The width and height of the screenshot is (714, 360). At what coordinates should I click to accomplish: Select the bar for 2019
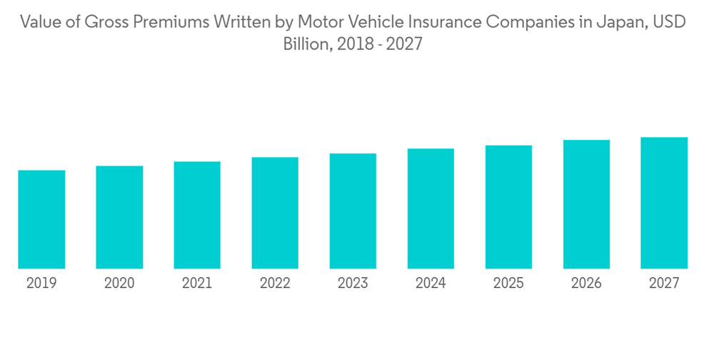point(41,219)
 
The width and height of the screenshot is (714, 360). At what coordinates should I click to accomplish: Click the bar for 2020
point(119,217)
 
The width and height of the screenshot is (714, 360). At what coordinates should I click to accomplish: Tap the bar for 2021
point(197,215)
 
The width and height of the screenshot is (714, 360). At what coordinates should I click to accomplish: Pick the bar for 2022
point(275,213)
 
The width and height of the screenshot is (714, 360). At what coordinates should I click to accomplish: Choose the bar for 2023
point(353,211)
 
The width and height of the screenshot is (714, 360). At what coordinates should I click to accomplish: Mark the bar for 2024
point(431,209)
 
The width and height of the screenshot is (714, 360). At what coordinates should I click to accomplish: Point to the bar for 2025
point(508,207)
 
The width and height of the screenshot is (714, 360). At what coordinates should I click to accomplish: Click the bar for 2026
point(586,204)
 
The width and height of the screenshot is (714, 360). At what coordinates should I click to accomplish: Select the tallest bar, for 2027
point(664,203)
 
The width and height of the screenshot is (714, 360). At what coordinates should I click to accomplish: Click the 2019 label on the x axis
point(41,284)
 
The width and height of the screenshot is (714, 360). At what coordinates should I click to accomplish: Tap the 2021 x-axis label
point(197,284)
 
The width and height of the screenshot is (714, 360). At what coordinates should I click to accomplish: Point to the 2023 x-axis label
point(353,284)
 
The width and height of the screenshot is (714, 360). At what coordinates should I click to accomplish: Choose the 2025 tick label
point(508,284)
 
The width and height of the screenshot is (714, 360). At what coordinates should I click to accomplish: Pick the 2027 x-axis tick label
point(664,284)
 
